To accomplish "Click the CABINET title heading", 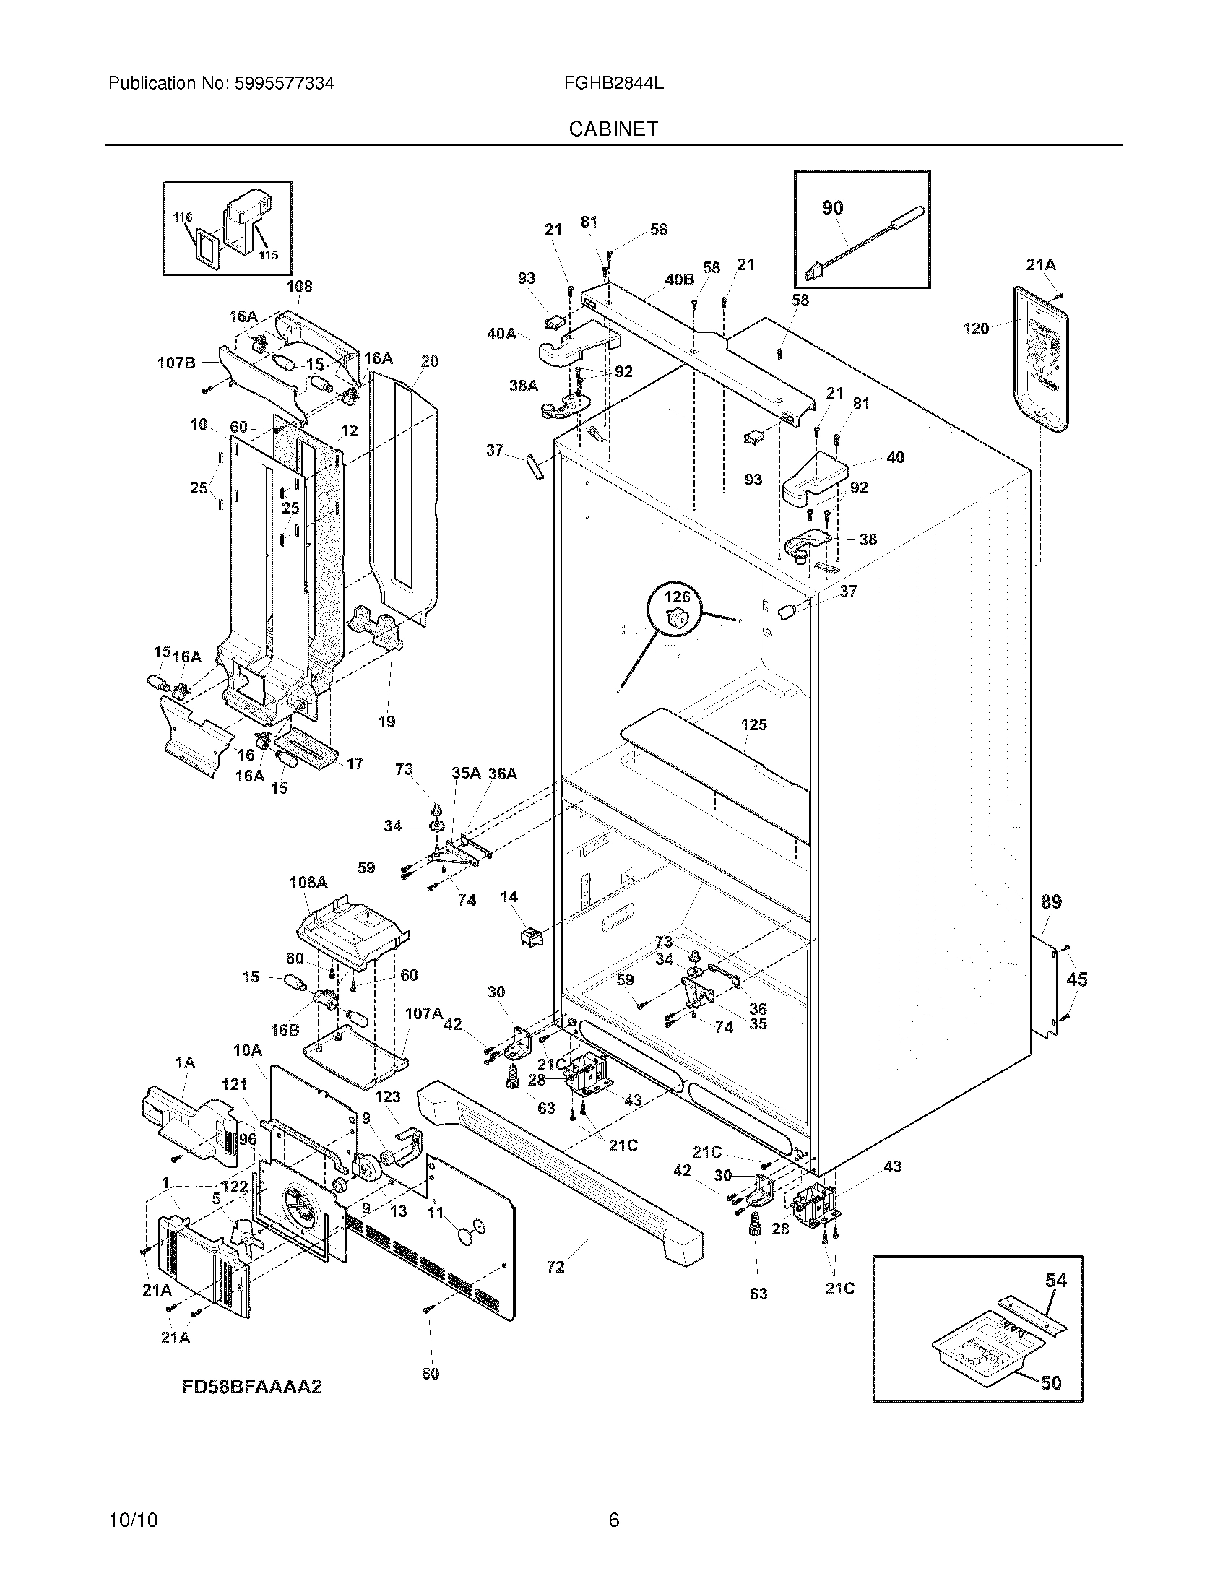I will pos(613,129).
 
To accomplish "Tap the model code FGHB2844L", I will pos(613,83).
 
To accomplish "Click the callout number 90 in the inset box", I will pos(832,208).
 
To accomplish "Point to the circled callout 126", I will pos(677,597).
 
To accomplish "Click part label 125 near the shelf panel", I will pos(753,724).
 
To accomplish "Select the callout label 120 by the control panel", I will pos(976,328).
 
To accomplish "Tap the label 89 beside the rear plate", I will pos(1051,902).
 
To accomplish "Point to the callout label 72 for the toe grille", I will pos(555,1268).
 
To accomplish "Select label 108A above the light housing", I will pos(308,882).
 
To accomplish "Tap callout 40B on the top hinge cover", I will pos(679,280).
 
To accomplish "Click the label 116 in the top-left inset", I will pos(183,217).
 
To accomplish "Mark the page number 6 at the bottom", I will pos(613,1499).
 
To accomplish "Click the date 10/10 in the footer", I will pos(133,1499).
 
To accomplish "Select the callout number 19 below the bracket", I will pos(386,722).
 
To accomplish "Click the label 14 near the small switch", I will pos(509,896).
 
